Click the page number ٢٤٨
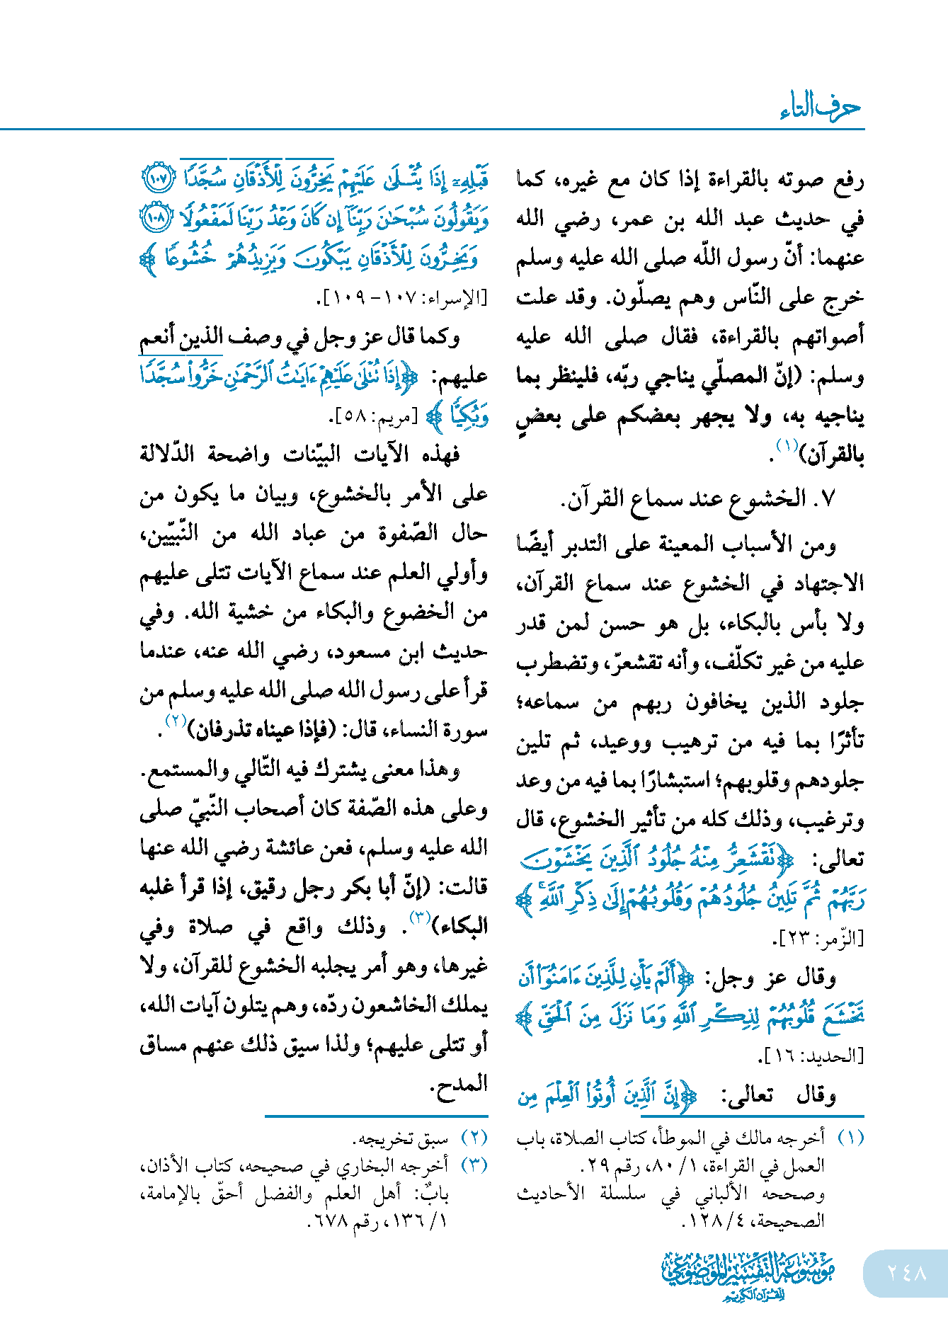click(x=906, y=1273)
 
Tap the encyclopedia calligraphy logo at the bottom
click(x=748, y=1274)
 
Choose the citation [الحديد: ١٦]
click(x=811, y=1056)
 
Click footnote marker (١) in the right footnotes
click(x=850, y=1138)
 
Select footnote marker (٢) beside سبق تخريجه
click(x=474, y=1138)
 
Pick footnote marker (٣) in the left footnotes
click(x=474, y=1165)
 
